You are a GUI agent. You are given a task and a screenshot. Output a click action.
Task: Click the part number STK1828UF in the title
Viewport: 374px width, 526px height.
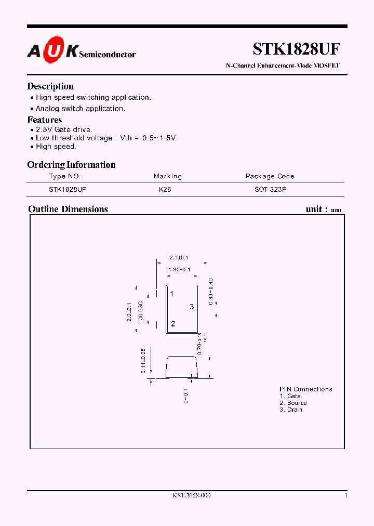[296, 49]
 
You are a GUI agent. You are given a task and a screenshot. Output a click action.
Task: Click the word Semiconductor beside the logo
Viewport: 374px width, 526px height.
[108, 54]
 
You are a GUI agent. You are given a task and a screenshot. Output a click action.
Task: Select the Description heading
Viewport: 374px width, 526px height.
[50, 86]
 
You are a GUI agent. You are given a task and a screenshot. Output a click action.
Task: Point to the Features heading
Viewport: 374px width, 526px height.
[45, 120]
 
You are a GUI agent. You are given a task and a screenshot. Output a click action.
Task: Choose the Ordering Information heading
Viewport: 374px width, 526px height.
[71, 165]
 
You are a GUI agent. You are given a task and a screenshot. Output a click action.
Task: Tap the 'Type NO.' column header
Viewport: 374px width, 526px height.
[65, 176]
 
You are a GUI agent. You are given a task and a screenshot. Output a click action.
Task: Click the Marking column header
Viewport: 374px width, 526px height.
[168, 176]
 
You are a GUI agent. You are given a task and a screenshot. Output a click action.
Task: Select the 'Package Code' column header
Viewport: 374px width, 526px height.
[270, 176]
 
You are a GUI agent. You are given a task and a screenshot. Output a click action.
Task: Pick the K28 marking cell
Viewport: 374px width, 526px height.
[165, 190]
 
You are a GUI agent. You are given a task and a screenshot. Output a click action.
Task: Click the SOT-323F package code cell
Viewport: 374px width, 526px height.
[270, 190]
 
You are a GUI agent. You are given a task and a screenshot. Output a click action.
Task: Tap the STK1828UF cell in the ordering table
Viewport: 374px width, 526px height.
[68, 190]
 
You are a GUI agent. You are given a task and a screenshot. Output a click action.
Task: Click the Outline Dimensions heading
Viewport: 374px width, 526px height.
[68, 209]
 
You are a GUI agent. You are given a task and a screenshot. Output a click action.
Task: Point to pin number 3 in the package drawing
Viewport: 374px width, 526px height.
[192, 307]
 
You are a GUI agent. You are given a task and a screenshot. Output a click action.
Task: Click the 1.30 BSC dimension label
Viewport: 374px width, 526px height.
[140, 312]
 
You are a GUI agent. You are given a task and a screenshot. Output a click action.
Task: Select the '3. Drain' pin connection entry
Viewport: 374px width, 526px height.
[291, 410]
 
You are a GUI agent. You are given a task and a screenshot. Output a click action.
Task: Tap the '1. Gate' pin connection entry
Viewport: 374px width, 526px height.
[290, 396]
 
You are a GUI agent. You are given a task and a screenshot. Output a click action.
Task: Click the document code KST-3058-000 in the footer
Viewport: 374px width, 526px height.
[192, 496]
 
